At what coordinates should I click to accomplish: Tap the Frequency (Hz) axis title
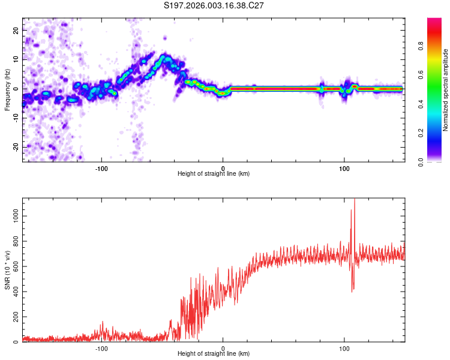[7, 89]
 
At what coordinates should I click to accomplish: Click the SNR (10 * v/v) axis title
[7, 271]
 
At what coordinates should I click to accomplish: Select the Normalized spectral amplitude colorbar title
[445, 89]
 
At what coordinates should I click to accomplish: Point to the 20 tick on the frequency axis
[16, 32]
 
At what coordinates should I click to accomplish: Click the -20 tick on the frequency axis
[15, 147]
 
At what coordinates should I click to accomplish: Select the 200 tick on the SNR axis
[14, 316]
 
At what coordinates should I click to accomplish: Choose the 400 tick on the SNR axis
[14, 290]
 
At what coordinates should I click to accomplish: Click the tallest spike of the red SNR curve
[355, 200]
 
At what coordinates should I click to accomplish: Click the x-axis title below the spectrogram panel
[214, 174]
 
